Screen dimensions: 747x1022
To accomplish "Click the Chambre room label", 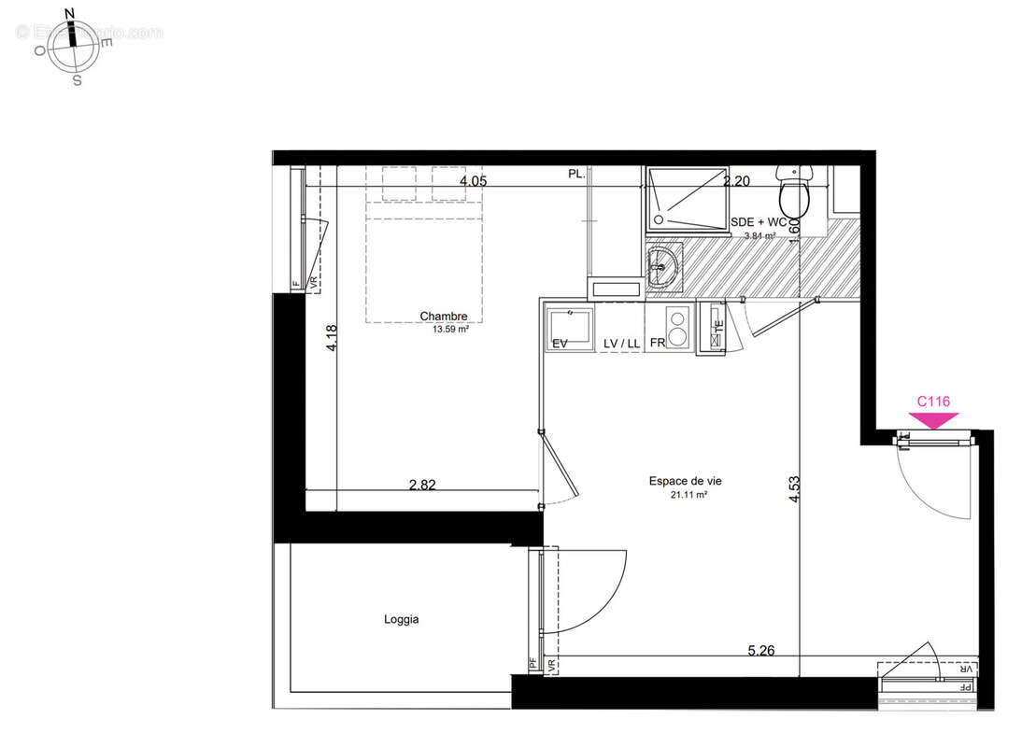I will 443,317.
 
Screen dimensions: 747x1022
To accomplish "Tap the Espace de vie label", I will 685,482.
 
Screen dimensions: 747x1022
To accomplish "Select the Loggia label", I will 401,619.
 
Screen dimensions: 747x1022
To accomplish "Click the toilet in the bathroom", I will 795,193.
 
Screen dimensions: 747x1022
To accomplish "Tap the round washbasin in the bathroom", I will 662,265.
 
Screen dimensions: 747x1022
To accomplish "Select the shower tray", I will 687,198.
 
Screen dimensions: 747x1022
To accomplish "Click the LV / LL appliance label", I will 621,344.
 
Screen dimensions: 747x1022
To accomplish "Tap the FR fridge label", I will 658,344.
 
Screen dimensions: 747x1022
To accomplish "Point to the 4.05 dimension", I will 473,182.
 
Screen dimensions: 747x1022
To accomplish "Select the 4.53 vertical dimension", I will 795,489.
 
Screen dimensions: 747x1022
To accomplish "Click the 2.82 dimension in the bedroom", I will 422,485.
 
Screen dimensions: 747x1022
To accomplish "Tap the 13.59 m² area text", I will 449,329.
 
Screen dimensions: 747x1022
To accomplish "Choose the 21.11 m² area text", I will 688,495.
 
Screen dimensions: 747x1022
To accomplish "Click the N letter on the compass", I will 68,13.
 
